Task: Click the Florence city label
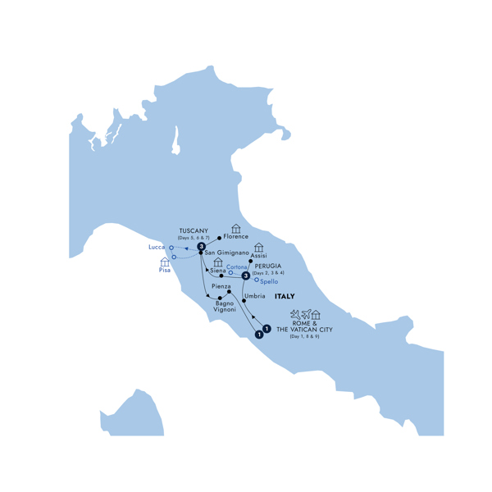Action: tap(235, 237)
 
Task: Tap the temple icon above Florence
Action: tap(236, 228)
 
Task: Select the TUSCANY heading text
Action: tap(194, 230)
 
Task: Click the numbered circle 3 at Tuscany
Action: tap(201, 244)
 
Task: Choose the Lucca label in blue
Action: tap(157, 246)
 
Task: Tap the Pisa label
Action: tap(165, 271)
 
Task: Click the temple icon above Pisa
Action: tap(165, 262)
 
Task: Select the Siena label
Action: tap(218, 271)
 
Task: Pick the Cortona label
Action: tap(237, 266)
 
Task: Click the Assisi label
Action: tap(259, 256)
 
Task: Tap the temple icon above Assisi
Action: tap(259, 247)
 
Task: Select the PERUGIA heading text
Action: tap(268, 266)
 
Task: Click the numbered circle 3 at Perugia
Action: tap(245, 276)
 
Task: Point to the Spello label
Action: tap(268, 281)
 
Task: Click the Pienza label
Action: tap(221, 286)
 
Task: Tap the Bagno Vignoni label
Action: tap(224, 306)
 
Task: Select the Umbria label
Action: tap(254, 295)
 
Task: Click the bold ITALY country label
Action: tap(285, 296)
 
